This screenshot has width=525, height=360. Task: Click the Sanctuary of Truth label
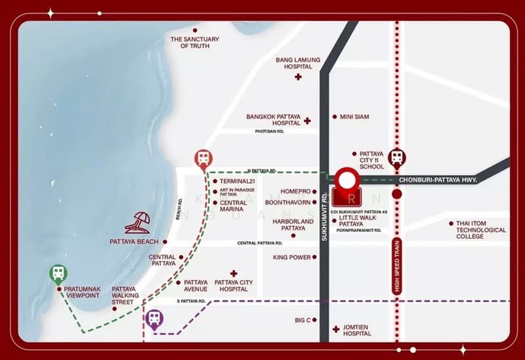[x=195, y=43]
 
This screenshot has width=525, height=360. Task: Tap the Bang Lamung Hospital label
[x=298, y=63]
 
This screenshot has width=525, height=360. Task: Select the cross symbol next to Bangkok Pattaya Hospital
[x=307, y=121]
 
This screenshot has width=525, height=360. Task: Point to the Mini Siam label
[x=354, y=117]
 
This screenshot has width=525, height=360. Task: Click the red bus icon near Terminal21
[x=203, y=158]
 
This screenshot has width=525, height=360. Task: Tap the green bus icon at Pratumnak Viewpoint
[x=58, y=273]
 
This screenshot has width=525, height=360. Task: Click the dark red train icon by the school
[x=396, y=157]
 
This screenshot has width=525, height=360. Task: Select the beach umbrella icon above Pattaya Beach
[x=138, y=223]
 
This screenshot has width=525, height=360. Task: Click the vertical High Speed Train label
[x=396, y=266]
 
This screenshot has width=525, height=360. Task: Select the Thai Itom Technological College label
[x=482, y=230]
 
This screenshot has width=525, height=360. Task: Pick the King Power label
[x=292, y=258]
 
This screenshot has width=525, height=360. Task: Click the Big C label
[x=303, y=320]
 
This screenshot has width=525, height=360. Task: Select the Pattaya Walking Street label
[x=124, y=295]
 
